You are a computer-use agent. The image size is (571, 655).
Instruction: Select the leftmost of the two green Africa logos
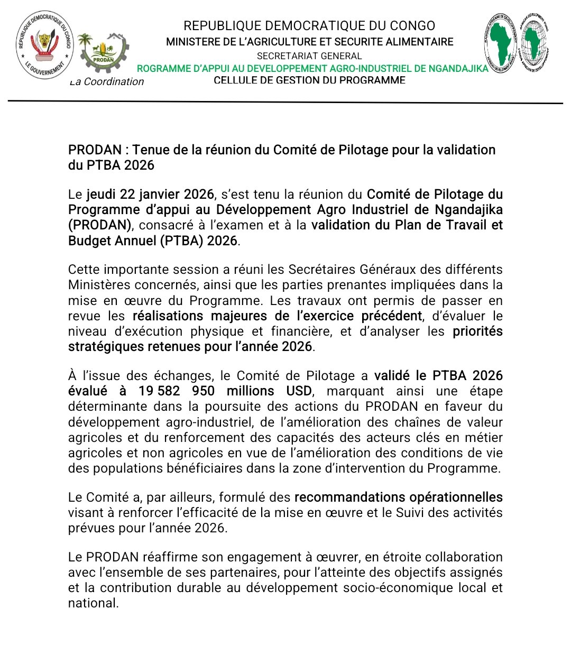click(x=500, y=43)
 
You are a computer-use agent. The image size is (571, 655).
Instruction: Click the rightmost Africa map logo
click(x=534, y=43)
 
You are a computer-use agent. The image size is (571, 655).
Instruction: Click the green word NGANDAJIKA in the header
click(x=453, y=68)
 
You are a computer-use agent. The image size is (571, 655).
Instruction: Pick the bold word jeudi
click(x=102, y=195)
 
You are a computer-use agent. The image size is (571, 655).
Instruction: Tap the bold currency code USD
click(x=299, y=391)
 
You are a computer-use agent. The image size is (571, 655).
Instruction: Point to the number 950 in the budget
click(x=203, y=391)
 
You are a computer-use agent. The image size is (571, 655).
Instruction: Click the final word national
click(x=93, y=603)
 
